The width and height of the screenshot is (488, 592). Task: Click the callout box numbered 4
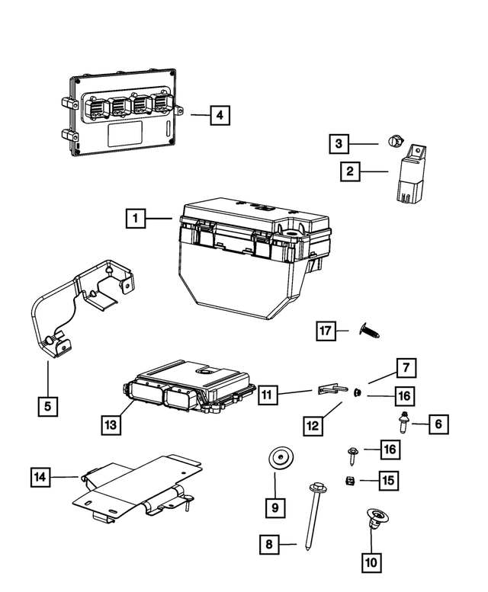pyautogui.click(x=219, y=116)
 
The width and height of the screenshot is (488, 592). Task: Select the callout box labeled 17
pyautogui.click(x=326, y=330)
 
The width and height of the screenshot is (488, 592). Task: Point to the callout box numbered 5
pyautogui.click(x=47, y=406)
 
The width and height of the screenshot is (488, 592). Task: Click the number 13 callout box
pyautogui.click(x=111, y=424)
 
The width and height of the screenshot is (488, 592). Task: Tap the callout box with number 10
pyautogui.click(x=371, y=564)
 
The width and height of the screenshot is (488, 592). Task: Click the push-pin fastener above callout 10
pyautogui.click(x=371, y=520)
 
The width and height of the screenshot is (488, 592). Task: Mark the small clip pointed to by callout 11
pyautogui.click(x=329, y=389)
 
